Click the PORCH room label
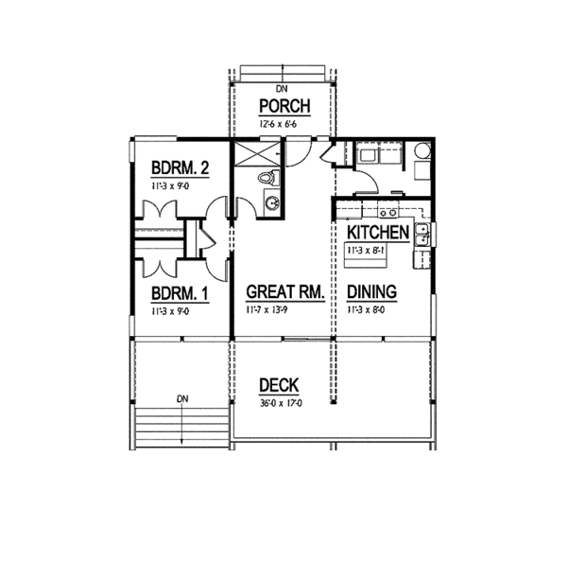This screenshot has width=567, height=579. pyautogui.click(x=280, y=106)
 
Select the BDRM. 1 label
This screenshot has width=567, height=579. pyautogui.click(x=179, y=293)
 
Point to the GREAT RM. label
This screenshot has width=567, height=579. pyautogui.click(x=284, y=292)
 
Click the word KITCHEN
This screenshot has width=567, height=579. pyautogui.click(x=378, y=233)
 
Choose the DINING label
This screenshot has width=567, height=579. pyautogui.click(x=371, y=292)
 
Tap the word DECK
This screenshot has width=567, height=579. pyautogui.click(x=279, y=385)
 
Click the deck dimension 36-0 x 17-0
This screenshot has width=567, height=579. pyautogui.click(x=279, y=401)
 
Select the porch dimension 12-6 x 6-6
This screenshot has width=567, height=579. pyautogui.click(x=280, y=123)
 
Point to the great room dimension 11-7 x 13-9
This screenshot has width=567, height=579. pyautogui.click(x=283, y=309)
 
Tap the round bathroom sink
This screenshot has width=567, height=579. pyautogui.click(x=270, y=201)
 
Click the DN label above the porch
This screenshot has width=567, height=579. pyautogui.click(x=280, y=88)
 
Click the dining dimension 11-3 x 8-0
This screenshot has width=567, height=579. pyautogui.click(x=371, y=309)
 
